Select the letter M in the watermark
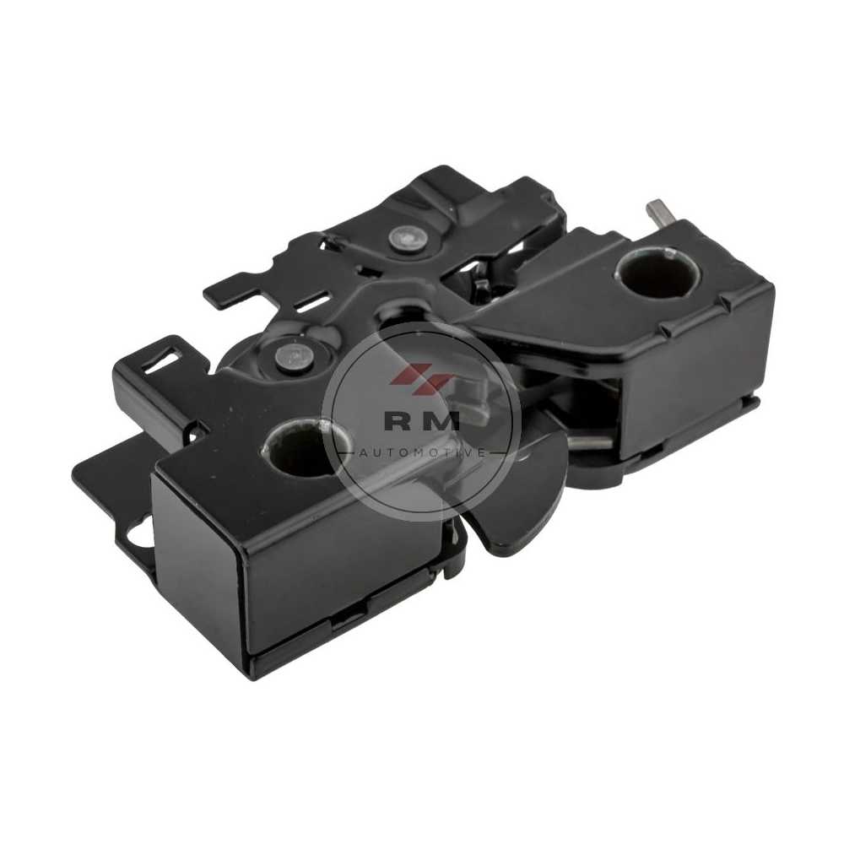[x=444, y=421]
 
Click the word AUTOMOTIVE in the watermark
[x=422, y=453]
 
